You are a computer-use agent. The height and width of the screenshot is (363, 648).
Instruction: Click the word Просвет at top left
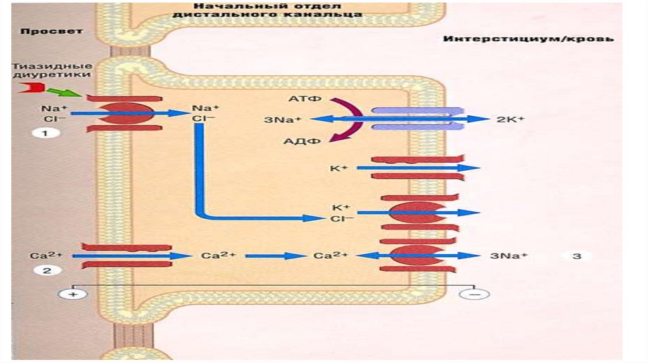click(42, 31)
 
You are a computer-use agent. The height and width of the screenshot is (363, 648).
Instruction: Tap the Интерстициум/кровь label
click(528, 39)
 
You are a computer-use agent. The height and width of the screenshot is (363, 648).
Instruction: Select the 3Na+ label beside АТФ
click(283, 120)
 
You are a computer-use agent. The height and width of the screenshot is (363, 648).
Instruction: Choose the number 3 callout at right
click(576, 256)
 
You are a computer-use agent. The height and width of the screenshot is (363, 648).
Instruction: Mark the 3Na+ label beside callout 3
click(509, 256)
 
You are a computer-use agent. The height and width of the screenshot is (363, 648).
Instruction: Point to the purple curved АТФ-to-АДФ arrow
click(350, 119)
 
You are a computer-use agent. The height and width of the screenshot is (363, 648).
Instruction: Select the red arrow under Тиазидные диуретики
click(27, 88)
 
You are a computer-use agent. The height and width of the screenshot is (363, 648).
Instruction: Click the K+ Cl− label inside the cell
click(341, 212)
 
